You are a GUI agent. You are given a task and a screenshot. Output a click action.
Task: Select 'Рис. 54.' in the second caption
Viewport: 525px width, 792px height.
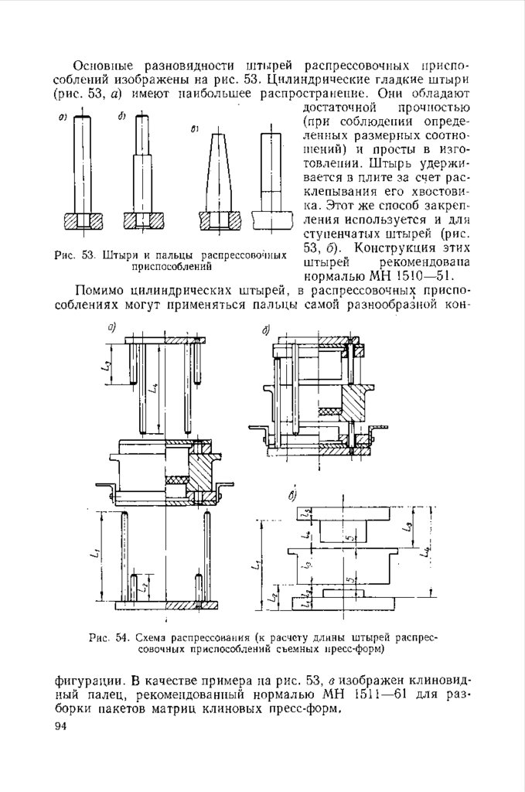pos(107,638)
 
